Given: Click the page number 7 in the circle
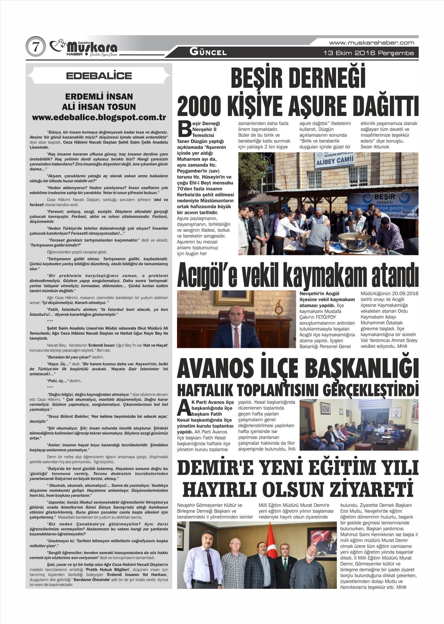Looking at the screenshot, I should pyautogui.click(x=36, y=47).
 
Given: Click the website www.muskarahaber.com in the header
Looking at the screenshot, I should pyautogui.click(x=371, y=43).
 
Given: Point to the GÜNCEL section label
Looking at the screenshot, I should pyautogui.click(x=208, y=53).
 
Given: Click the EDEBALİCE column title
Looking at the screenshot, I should pyautogui.click(x=99, y=76).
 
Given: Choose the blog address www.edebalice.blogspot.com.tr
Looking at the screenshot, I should pyautogui.click(x=99, y=117).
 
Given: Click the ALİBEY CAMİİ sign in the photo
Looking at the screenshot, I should pyautogui.click(x=335, y=162).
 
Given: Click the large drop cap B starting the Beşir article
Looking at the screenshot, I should pyautogui.click(x=184, y=128).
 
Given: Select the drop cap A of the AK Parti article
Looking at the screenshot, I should pyautogui.click(x=182, y=408).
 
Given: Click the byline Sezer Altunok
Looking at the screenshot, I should pyautogui.click(x=375, y=147).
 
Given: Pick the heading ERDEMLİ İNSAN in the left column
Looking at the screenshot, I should pyautogui.click(x=99, y=97).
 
